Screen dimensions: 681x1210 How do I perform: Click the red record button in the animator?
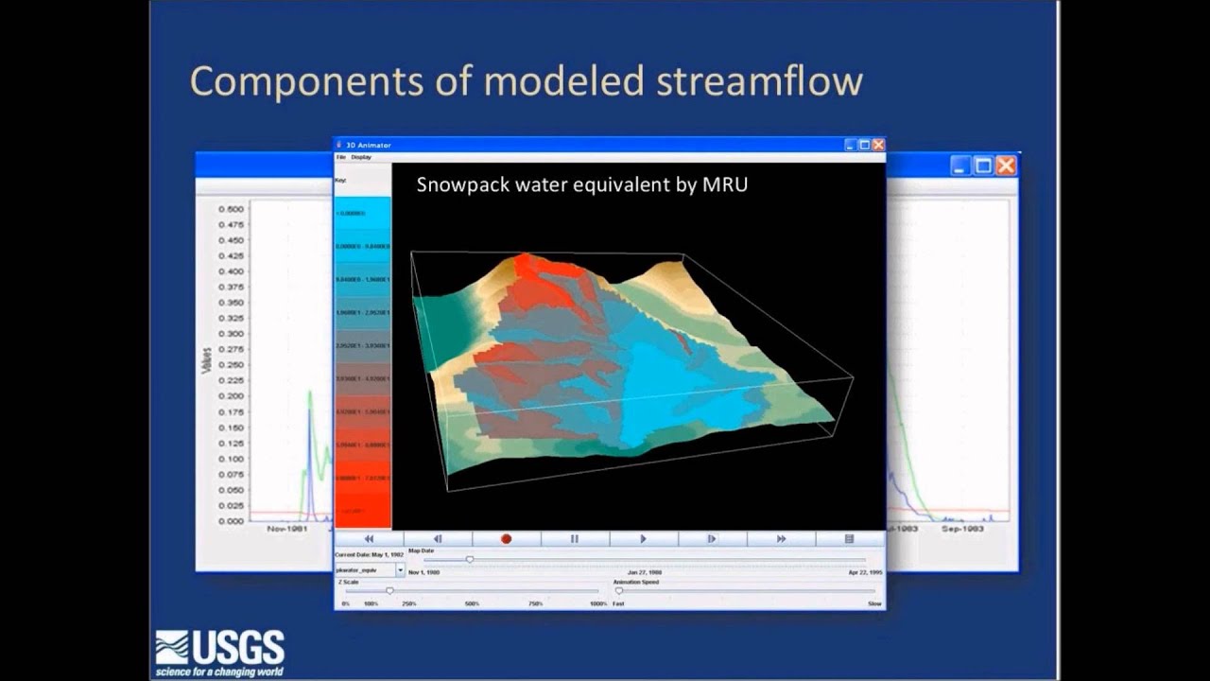click(506, 539)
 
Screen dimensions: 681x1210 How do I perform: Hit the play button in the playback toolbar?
click(643, 539)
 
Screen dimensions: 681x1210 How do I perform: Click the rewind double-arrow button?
click(369, 539)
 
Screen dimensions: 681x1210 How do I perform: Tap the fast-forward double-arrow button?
click(781, 539)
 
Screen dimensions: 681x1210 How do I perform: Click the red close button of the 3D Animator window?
click(878, 145)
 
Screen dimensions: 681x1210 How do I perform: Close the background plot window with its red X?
click(1006, 166)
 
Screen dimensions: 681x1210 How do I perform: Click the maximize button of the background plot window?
click(983, 166)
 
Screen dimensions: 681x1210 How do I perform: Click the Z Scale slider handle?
click(389, 591)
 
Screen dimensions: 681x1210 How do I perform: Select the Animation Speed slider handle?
click(619, 591)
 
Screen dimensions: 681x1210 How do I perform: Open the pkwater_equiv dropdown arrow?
click(400, 571)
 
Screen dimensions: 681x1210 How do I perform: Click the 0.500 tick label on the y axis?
click(231, 209)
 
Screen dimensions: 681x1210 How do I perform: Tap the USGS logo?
click(220, 652)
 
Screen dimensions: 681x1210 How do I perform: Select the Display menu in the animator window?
click(361, 157)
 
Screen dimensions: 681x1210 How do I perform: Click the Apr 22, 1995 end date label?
click(864, 573)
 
